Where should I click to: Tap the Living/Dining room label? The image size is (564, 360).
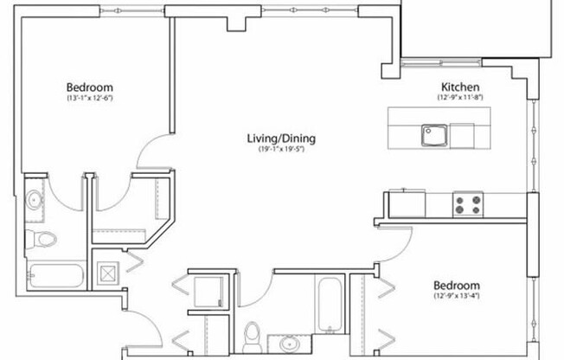click(281, 138)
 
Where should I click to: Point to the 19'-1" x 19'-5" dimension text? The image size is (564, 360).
click(281, 150)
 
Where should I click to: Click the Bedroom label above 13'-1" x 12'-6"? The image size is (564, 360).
click(90, 87)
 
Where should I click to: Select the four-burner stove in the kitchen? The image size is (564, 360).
click(468, 204)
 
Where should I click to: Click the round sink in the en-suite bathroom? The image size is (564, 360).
click(34, 201)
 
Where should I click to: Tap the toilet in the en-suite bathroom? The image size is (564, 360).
click(44, 239)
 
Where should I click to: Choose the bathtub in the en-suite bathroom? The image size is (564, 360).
click(53, 276)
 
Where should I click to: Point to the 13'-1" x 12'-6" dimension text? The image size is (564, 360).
click(90, 99)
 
